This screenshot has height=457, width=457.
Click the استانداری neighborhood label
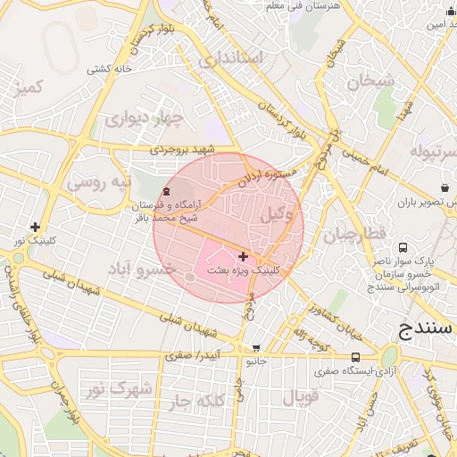point(232,60)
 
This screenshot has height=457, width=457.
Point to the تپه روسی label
point(98,184)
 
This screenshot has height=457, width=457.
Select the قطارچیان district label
point(353,235)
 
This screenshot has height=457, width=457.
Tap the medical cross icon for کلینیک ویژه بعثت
point(243,256)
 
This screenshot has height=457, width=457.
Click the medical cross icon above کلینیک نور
point(35,228)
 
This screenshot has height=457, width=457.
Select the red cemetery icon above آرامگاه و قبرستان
point(165,192)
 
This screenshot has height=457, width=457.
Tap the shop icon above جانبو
point(257,349)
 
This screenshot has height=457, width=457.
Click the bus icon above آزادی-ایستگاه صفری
point(332,358)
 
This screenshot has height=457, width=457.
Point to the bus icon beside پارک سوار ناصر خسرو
point(403,247)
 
